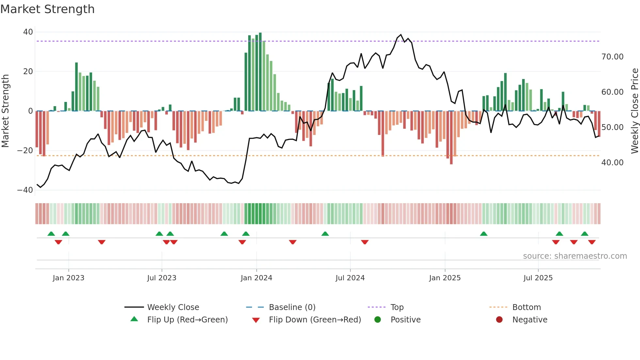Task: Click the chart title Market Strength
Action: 47,9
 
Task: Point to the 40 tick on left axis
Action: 28,32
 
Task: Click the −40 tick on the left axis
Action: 25,190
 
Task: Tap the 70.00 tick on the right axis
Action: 612,57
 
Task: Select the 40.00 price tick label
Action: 612,163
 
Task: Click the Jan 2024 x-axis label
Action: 256,278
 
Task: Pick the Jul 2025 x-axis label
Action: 538,278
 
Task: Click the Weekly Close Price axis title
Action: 634,111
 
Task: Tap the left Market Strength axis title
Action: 6,111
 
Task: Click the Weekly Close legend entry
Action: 173,307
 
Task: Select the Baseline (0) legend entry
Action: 292,307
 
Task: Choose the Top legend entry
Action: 397,307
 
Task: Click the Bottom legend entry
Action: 526,307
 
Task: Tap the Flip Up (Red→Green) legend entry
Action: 187,320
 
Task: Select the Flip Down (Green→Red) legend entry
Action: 315,320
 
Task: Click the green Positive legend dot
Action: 378,320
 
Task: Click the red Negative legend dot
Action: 499,320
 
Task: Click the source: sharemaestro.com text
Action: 575,256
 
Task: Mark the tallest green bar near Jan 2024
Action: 260,72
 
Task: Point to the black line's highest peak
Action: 401,35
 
